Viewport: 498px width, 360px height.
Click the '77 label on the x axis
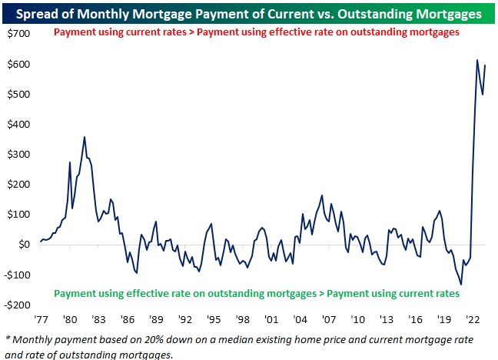(41, 317)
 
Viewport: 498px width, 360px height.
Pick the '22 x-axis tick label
(473, 317)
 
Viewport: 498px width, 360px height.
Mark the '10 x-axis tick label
(358, 317)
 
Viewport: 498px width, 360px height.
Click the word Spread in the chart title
(35, 13)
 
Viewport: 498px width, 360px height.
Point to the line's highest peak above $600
(477, 60)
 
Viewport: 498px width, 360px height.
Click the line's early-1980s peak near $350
(85, 138)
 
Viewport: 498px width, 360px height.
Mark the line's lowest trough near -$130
(461, 285)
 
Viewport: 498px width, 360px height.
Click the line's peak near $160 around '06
(322, 195)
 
